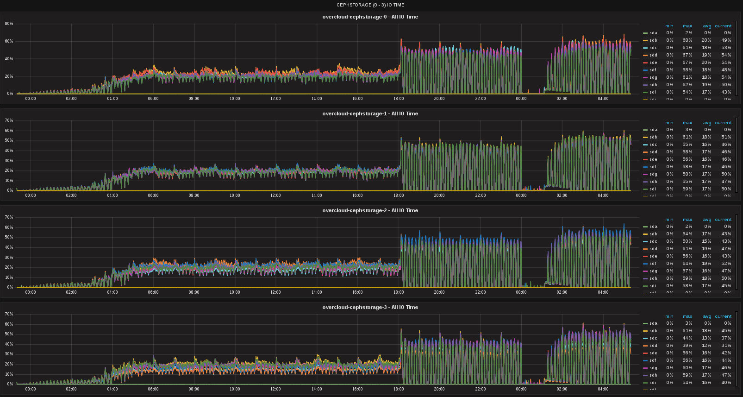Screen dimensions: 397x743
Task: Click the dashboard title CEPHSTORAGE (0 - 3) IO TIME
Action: pyautogui.click(x=370, y=5)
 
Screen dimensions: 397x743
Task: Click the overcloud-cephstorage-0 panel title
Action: pyautogui.click(x=370, y=17)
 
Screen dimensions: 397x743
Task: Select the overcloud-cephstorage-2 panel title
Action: pyautogui.click(x=370, y=210)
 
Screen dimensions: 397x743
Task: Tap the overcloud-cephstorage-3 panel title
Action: pyautogui.click(x=370, y=307)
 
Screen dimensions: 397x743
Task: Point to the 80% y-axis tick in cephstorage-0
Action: pyautogui.click(x=9, y=24)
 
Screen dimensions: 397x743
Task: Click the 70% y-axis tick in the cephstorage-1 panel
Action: pyautogui.click(x=9, y=120)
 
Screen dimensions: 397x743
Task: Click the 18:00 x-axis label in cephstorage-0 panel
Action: pyautogui.click(x=399, y=99)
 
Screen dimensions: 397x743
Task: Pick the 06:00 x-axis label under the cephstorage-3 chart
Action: pyautogui.click(x=153, y=389)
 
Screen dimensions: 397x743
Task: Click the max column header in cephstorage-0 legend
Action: pyautogui.click(x=687, y=26)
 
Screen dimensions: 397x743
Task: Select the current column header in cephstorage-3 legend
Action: pyautogui.click(x=723, y=316)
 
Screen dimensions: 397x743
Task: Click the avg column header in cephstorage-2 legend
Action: pyautogui.click(x=707, y=220)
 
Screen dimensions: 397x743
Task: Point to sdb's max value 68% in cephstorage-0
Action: pyautogui.click(x=687, y=40)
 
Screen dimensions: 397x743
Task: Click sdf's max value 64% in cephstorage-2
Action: pyautogui.click(x=687, y=264)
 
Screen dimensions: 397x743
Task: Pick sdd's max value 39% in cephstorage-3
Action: pyautogui.click(x=687, y=346)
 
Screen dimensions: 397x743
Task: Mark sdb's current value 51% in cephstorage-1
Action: pyautogui.click(x=726, y=137)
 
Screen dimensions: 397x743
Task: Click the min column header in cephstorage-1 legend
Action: pyautogui.click(x=669, y=123)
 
